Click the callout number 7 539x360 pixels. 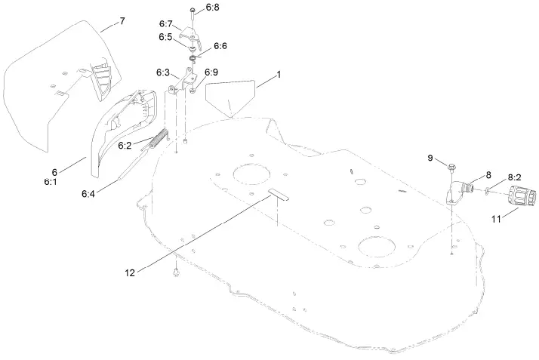click(x=123, y=22)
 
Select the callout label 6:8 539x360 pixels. click(x=212, y=8)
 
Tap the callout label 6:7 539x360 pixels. click(x=165, y=24)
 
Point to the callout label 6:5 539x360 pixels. click(x=165, y=36)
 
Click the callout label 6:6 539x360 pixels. click(x=220, y=46)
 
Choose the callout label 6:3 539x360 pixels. click(x=163, y=72)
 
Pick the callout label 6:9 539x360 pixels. click(x=211, y=72)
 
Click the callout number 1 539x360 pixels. click(x=278, y=75)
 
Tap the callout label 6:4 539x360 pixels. click(x=88, y=194)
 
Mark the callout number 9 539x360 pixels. click(x=430, y=158)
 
